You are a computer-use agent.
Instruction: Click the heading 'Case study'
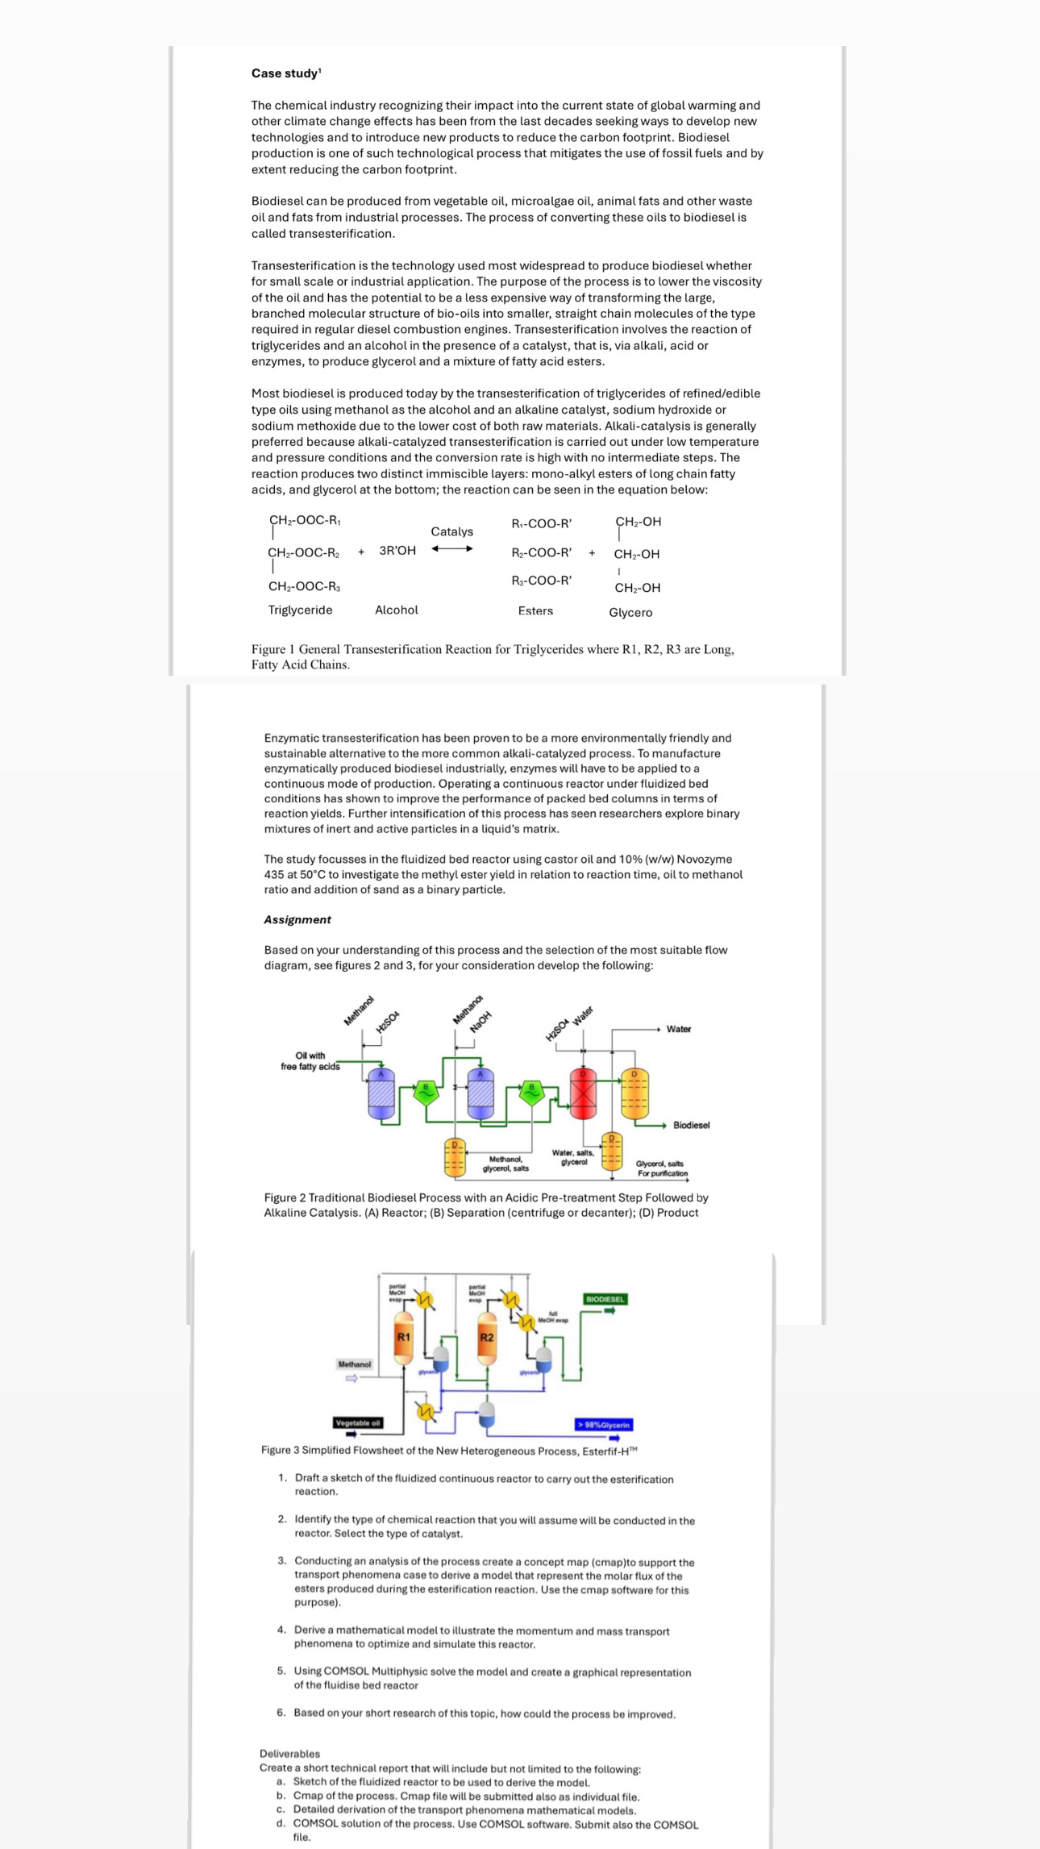285,73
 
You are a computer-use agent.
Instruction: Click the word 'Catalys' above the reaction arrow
451,531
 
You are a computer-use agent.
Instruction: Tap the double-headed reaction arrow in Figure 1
451,549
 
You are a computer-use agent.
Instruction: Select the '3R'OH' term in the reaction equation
397,551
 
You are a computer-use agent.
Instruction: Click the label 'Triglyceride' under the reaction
300,610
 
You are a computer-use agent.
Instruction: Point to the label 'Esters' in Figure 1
535,611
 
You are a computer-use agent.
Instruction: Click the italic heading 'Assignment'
297,919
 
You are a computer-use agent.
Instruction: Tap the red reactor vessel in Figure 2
582,1093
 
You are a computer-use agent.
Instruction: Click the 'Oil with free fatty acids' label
310,1060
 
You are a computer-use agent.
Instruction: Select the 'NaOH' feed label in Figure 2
480,1022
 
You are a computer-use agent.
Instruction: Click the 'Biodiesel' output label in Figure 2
691,1125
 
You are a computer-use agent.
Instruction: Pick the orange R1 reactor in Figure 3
403,1338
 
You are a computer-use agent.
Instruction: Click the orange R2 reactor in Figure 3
486,1338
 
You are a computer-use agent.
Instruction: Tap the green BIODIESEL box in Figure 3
605,1299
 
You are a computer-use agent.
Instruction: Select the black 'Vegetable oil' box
358,1422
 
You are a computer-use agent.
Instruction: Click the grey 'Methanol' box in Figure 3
355,1364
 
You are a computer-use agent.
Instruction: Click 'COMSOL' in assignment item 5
346,1672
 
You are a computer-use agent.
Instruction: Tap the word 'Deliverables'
289,1754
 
